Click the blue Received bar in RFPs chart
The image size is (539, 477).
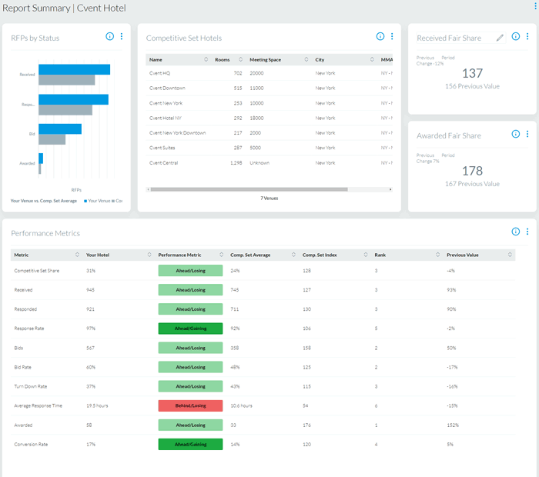click(x=74, y=69)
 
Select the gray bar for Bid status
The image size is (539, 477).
click(x=52, y=140)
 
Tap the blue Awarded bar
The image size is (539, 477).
click(x=41, y=158)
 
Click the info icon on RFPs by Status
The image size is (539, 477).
click(x=109, y=37)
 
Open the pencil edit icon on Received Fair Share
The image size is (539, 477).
click(x=500, y=37)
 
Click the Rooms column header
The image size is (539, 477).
click(x=223, y=59)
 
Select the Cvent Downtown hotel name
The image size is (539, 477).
click(x=167, y=88)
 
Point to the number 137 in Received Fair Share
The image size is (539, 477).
click(x=471, y=73)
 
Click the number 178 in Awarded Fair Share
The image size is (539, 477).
click(x=472, y=171)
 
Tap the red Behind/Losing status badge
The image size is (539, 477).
click(x=190, y=405)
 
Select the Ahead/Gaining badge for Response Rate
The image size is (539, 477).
click(x=190, y=328)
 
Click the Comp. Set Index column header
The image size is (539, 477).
click(x=320, y=255)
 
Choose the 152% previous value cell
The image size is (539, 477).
click(x=453, y=424)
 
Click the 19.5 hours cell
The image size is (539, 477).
click(x=96, y=405)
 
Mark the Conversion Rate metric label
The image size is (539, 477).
click(x=31, y=444)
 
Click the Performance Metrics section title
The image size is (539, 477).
click(x=45, y=233)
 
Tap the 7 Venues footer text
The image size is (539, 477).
click(x=269, y=198)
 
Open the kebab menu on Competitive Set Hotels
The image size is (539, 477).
click(x=392, y=37)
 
